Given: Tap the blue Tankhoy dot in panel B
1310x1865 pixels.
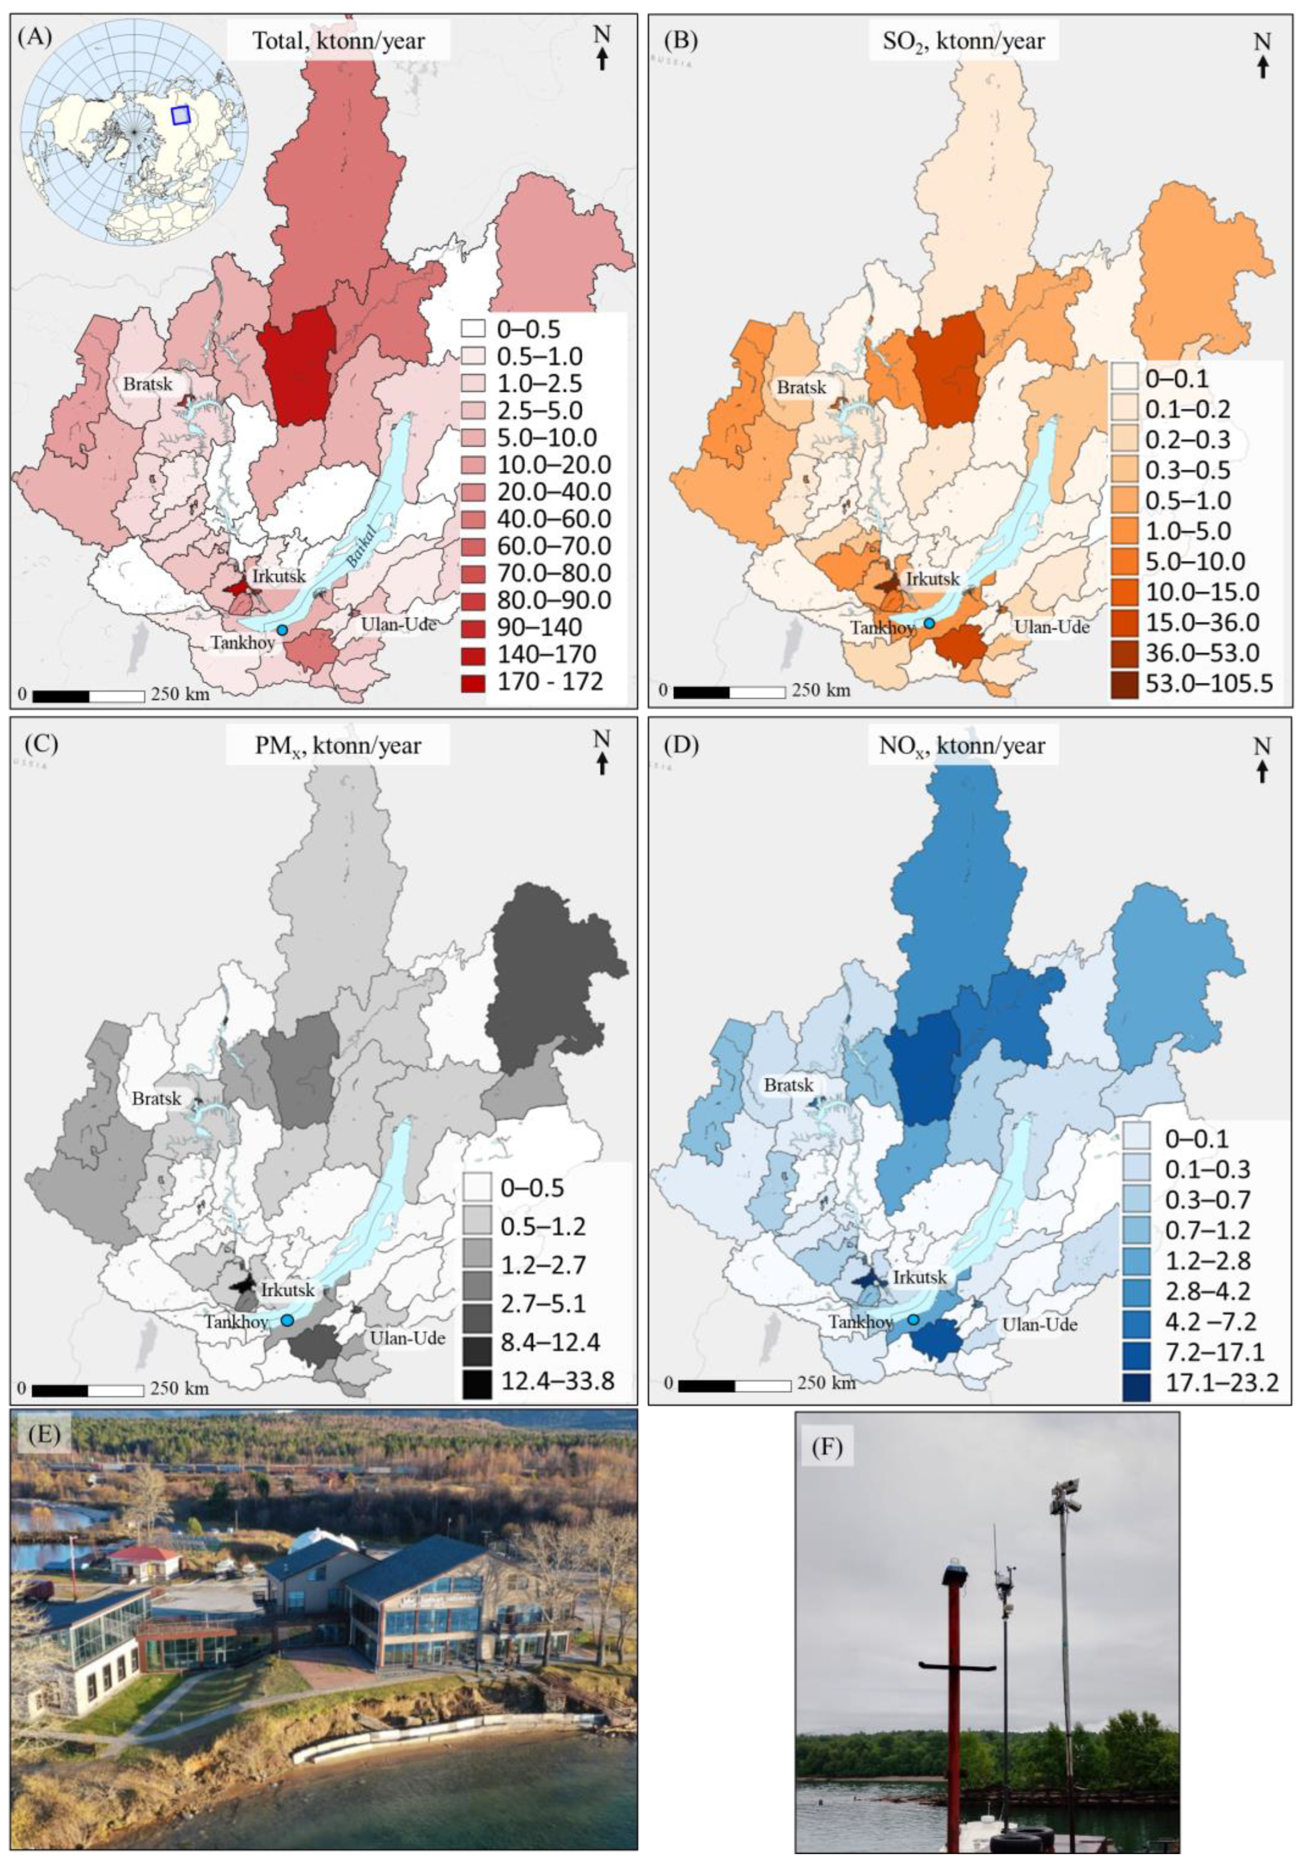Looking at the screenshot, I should click(x=929, y=623).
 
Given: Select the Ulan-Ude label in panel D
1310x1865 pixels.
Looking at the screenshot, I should click(x=1039, y=1324).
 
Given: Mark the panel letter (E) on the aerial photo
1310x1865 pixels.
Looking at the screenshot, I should click(x=44, y=1433).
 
